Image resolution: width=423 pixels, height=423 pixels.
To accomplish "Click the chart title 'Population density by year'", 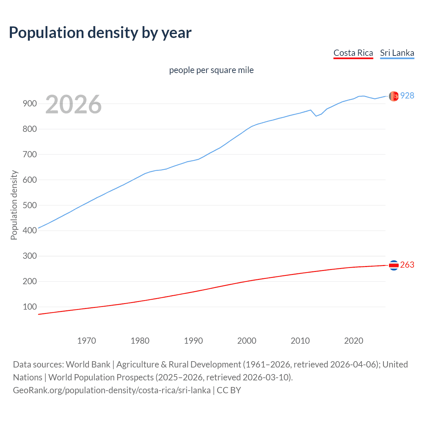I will point(100,33).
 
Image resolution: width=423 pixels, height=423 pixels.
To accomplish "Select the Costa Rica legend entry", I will point(353,53).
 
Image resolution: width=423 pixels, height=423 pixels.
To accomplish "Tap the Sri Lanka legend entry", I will point(397,53).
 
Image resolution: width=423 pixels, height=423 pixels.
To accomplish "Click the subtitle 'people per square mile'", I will point(211,70).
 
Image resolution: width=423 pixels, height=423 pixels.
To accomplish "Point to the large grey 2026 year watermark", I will point(73,104).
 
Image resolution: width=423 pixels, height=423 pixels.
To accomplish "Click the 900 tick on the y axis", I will point(29,104).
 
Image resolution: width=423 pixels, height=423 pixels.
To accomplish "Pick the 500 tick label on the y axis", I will point(29,205).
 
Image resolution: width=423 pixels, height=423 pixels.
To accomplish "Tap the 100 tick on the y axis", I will point(29,307).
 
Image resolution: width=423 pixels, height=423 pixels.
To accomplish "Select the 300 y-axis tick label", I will point(29,256).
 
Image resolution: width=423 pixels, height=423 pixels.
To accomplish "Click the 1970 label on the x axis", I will point(87,341).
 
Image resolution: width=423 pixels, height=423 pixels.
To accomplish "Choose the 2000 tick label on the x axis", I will point(247,341).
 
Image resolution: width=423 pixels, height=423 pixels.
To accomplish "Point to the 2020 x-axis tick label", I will point(354,341).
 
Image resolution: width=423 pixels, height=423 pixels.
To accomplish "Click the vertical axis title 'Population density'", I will point(14,205).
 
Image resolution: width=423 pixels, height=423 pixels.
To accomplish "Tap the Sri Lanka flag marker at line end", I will point(394,96).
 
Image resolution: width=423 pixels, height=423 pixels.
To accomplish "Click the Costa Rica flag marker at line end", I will point(394,265).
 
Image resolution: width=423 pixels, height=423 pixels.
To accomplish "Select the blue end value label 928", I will point(407,96).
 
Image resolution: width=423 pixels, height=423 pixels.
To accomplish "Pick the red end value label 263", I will point(407,265).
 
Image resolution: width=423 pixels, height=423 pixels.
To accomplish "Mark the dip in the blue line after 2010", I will point(316,116).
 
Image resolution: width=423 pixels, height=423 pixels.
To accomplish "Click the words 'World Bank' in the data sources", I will point(88,365).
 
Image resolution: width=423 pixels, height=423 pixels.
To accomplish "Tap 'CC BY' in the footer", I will point(229,390).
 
